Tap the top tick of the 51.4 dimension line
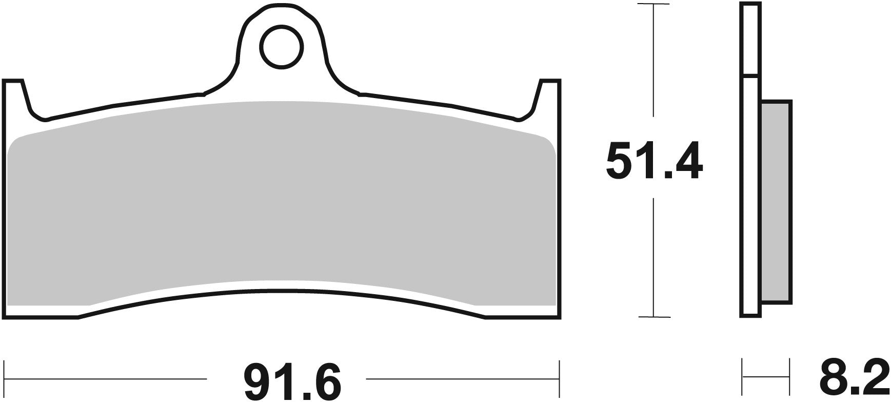click(x=653, y=4)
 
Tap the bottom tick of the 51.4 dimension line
click(x=653, y=317)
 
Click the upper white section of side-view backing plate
click(x=749, y=41)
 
